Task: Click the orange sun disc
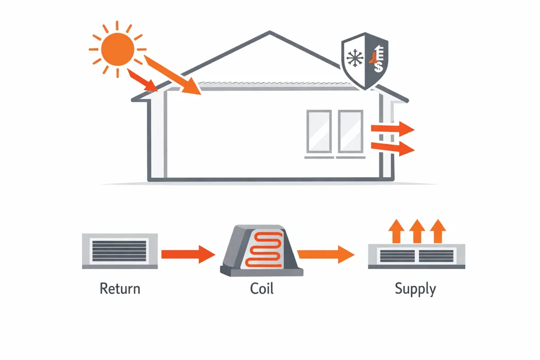[x=117, y=49]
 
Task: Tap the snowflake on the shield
[x=355, y=58]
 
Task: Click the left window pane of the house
[x=319, y=131]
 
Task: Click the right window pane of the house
[x=350, y=131]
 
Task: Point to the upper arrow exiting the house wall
[x=392, y=129]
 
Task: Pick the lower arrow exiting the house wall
[x=392, y=148]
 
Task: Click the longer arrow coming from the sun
[x=172, y=75]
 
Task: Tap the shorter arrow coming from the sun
[x=142, y=80]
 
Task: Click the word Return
[x=120, y=288]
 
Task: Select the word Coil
[x=262, y=288]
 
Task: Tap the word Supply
[x=415, y=289]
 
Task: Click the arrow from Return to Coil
[x=189, y=254]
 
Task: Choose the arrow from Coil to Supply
[x=326, y=254]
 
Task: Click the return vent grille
[x=120, y=251]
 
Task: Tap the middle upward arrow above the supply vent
[x=417, y=231]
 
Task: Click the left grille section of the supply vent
[x=397, y=256]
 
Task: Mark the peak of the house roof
[x=269, y=31]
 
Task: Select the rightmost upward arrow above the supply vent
[x=438, y=231]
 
